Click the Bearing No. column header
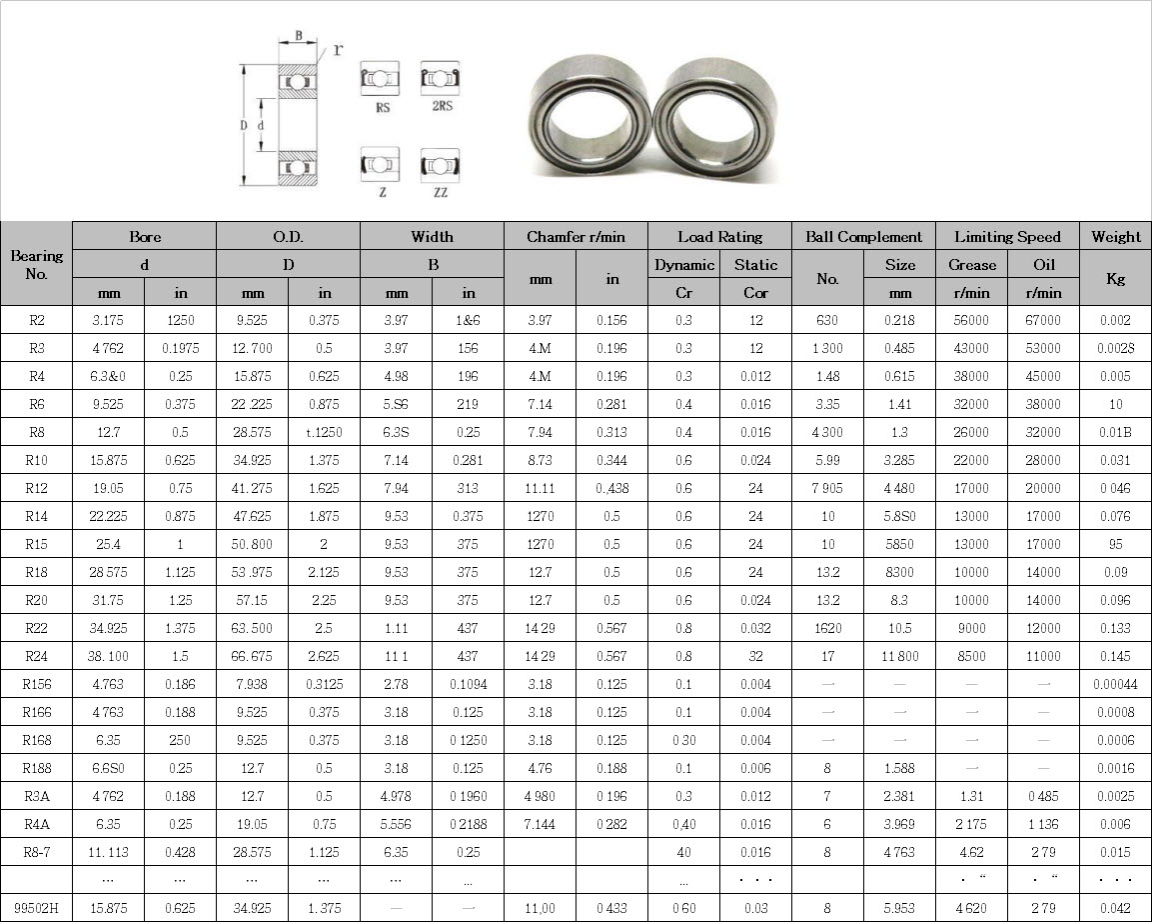[36, 265]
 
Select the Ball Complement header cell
[863, 237]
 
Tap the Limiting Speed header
[1007, 237]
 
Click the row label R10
[36, 460]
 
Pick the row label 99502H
[36, 908]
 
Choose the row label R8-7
[36, 852]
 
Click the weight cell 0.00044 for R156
[1115, 685]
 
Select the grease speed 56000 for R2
[971, 321]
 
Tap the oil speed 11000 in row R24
[1043, 657]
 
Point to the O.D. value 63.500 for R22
[252, 629]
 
